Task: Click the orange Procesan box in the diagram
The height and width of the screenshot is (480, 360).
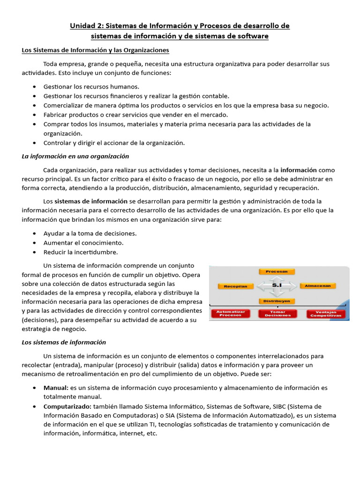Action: pos(277,271)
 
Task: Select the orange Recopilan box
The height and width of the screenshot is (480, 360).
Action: pos(235,286)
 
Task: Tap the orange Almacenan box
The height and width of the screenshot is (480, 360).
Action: pos(318,285)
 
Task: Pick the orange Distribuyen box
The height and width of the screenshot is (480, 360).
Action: pos(277,301)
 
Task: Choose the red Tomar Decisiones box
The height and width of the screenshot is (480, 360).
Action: pos(277,314)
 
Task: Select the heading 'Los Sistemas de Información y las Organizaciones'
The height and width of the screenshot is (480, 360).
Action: pos(96,50)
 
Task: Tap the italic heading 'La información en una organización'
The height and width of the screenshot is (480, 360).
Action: pos(75,156)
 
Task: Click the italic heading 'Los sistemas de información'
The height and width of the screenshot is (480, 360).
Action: pos(64,342)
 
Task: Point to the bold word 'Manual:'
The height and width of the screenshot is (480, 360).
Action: pos(56,388)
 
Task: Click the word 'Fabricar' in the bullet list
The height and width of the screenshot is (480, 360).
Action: pos(56,115)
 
